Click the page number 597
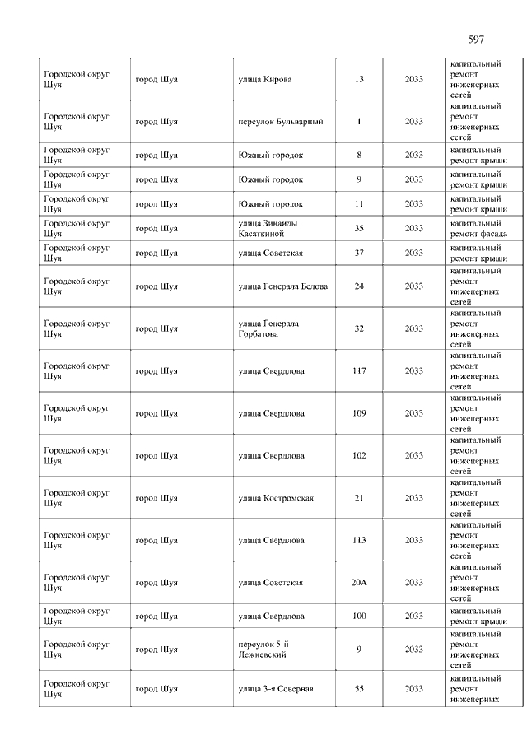point(475,40)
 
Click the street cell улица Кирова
point(264,80)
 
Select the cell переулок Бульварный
point(280,122)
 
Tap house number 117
point(359,371)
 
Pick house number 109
point(359,413)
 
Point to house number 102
point(359,456)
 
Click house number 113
point(359,541)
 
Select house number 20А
point(359,583)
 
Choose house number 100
point(359,617)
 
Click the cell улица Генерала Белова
point(282,286)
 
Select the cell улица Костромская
point(275,498)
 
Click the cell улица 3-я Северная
point(275,689)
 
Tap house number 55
point(359,689)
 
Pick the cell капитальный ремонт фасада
point(478,229)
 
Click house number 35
point(359,229)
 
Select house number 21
point(359,498)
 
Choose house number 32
point(359,329)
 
